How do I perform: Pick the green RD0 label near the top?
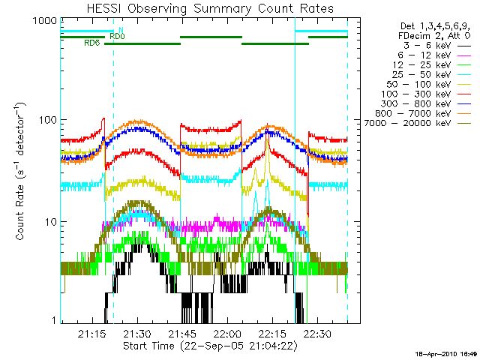tap(117, 35)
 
